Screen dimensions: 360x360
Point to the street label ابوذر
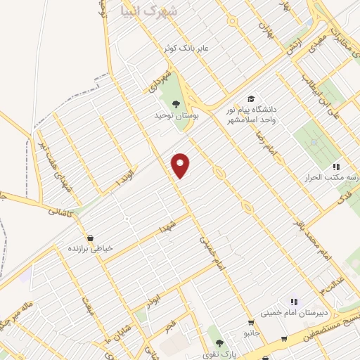point(148,299)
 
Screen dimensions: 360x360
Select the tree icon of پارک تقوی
point(219,343)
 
